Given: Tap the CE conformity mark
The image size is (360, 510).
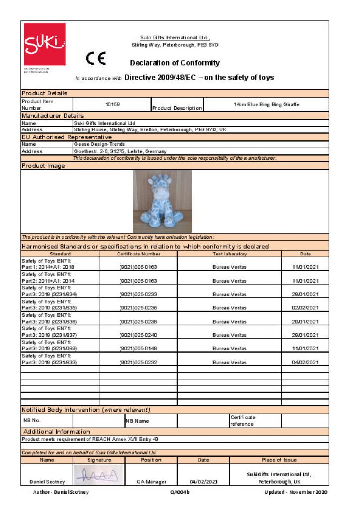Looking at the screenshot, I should click(x=96, y=59).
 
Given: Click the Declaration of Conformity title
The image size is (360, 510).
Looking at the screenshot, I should click(x=175, y=63).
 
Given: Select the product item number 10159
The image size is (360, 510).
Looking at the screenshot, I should click(x=113, y=105).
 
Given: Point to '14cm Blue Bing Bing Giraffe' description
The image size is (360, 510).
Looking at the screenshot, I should click(x=266, y=105).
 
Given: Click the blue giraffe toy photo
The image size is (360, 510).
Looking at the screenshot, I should click(x=162, y=201).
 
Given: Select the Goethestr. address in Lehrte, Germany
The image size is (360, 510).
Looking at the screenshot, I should click(x=120, y=151).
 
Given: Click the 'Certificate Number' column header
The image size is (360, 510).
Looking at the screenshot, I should click(x=138, y=254).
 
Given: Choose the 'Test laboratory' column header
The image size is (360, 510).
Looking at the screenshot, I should click(x=229, y=254).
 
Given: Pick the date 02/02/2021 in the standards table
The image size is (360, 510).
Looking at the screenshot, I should click(x=306, y=308).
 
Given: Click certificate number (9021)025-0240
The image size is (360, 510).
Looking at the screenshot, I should click(x=138, y=335).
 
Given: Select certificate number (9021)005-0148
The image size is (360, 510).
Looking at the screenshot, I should click(x=138, y=348).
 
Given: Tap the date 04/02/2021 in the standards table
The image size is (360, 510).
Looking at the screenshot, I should click(x=306, y=362).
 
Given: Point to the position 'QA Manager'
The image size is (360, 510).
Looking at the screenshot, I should click(x=151, y=482).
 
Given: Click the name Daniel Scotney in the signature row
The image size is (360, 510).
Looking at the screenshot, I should click(x=47, y=482).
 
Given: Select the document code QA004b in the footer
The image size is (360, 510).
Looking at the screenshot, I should click(x=180, y=492).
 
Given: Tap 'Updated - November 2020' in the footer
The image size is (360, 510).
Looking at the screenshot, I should click(x=296, y=492).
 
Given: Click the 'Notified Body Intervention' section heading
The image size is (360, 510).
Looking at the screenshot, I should click(x=86, y=409).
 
